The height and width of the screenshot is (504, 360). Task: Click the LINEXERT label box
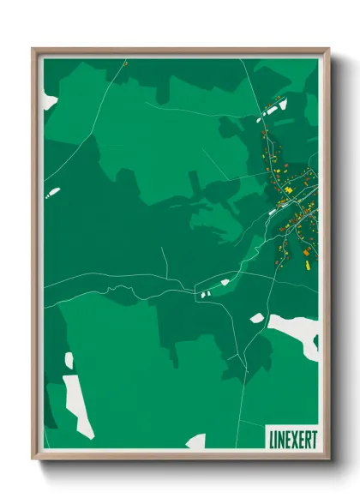pyautogui.click(x=291, y=437)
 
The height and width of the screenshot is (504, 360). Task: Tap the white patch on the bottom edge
pyautogui.click(x=196, y=441)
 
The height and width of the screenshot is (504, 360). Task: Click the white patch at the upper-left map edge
pyautogui.click(x=50, y=101)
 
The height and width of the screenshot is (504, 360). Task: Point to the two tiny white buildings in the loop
pyautogui.click(x=205, y=294)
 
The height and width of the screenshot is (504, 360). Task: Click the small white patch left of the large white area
pyautogui.click(x=257, y=318)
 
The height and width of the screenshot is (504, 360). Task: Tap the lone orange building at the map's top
pyautogui.click(x=124, y=63)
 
